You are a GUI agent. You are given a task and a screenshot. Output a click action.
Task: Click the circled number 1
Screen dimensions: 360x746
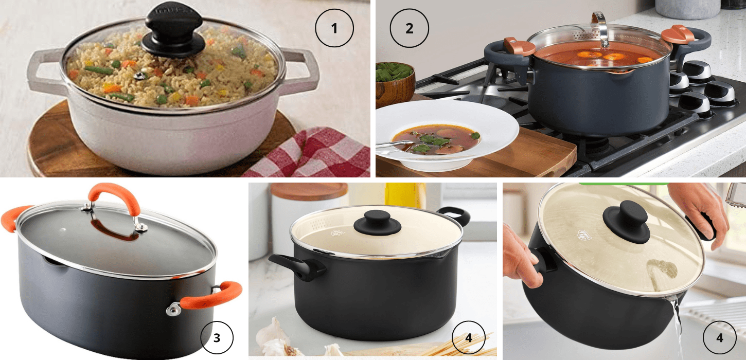[x=334, y=28]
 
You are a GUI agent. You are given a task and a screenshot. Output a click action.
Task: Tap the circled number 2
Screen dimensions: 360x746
[x=409, y=28]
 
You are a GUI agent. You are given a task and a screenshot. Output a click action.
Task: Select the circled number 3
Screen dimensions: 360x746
[x=217, y=338]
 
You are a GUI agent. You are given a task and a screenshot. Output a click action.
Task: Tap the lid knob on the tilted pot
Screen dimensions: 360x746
[x=629, y=221]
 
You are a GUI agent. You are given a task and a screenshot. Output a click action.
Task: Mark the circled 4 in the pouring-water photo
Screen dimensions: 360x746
[x=719, y=338]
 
